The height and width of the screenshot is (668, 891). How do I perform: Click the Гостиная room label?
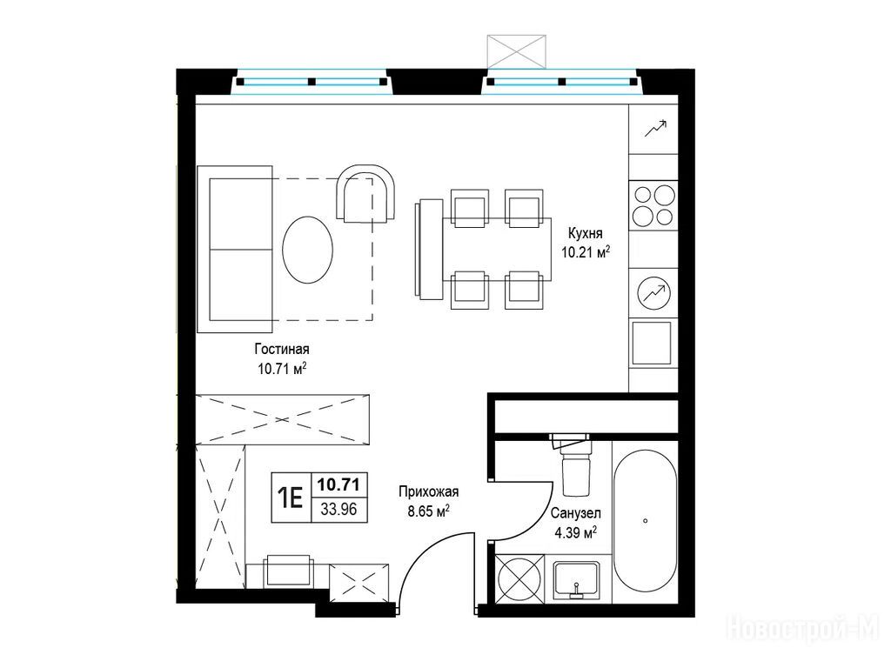tap(282, 349)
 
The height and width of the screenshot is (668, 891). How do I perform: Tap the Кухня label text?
tap(586, 233)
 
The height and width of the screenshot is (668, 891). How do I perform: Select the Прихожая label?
tap(428, 492)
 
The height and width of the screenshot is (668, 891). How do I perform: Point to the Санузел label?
tap(576, 513)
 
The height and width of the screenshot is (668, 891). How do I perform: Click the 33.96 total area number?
tap(338, 510)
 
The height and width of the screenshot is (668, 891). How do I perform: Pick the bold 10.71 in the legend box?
tap(338, 484)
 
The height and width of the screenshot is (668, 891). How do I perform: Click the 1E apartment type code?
tap(290, 498)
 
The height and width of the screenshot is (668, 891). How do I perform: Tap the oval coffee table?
tap(307, 250)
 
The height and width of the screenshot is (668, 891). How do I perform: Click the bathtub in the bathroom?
tap(645, 521)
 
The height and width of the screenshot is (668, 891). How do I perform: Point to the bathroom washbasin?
tap(576, 580)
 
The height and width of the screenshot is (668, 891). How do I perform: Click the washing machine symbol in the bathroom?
tap(520, 578)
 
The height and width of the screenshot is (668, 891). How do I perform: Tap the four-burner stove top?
tap(653, 205)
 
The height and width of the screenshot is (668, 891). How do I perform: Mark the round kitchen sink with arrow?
tap(654, 293)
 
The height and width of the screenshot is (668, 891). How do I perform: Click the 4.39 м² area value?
tap(575, 533)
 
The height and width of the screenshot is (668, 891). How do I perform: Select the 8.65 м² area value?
tap(429, 511)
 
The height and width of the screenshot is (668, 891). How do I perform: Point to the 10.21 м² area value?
tap(586, 252)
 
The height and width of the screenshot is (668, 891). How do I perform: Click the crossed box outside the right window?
tap(517, 51)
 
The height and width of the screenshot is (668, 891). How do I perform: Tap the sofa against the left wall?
tap(235, 249)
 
